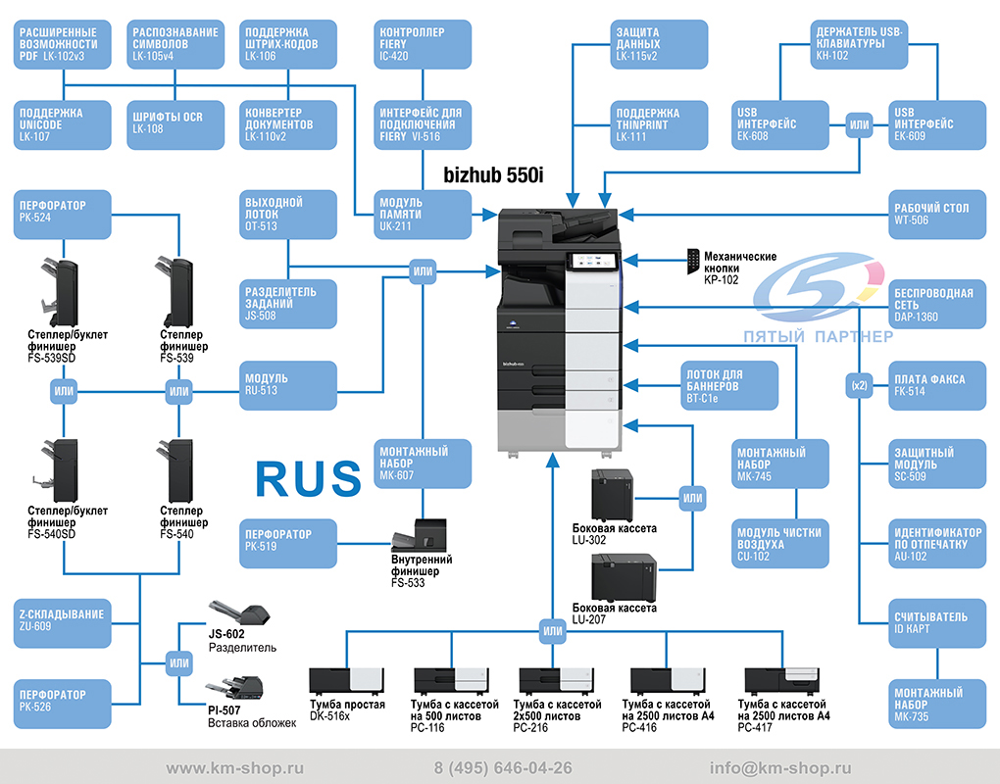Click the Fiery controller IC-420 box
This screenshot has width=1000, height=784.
(x=423, y=44)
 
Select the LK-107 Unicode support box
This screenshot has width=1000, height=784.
(x=63, y=124)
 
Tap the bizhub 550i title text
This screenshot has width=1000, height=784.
(x=493, y=175)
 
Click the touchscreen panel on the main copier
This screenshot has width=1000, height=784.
(x=592, y=261)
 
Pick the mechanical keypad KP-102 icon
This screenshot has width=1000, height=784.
(x=692, y=262)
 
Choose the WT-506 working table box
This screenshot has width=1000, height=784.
(x=937, y=215)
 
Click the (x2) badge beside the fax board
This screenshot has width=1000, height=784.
(x=859, y=385)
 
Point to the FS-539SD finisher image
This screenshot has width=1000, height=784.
(x=59, y=293)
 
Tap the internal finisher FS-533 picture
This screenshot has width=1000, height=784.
(x=419, y=535)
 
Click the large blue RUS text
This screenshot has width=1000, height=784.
(x=308, y=478)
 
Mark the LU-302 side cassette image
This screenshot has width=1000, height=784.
(x=612, y=496)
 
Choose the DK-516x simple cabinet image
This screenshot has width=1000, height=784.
(x=346, y=681)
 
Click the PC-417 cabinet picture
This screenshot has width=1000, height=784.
(x=782, y=681)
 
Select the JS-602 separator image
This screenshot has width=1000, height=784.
(x=240, y=613)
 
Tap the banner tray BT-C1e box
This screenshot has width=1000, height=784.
(x=729, y=385)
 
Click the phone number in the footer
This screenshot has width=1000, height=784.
(x=503, y=768)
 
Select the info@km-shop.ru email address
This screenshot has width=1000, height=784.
(x=780, y=768)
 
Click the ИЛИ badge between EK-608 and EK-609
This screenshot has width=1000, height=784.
(x=859, y=124)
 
